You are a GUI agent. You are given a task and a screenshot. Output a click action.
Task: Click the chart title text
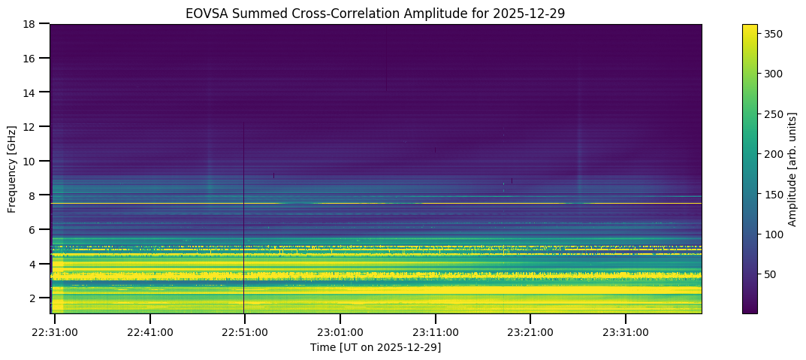pyautogui.click(x=376, y=13)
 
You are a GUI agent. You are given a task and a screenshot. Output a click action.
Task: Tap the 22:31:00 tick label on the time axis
pyautogui.click(x=55, y=332)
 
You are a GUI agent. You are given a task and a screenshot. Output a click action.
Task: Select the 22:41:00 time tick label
pyautogui.click(x=150, y=332)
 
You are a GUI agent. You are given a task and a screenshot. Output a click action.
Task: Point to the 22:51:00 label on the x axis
pyautogui.click(x=245, y=332)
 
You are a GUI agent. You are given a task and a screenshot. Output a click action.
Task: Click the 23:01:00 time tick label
pyautogui.click(x=340, y=332)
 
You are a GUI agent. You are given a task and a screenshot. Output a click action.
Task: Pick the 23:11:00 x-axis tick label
pyautogui.click(x=435, y=332)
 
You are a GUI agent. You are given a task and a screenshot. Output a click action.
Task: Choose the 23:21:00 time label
pyautogui.click(x=530, y=332)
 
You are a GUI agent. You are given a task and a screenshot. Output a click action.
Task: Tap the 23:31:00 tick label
pyautogui.click(x=625, y=332)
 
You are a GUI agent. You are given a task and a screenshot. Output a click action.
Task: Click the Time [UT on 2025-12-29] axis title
pyautogui.click(x=376, y=347)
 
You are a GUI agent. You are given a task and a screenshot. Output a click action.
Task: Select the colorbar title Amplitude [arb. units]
pyautogui.click(x=792, y=169)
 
